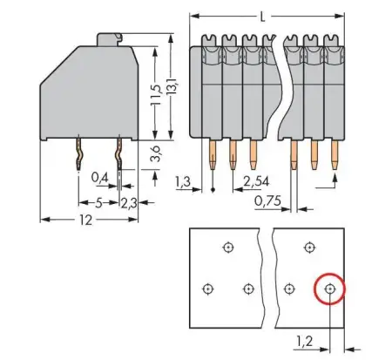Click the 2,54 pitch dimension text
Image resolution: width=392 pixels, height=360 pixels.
256,182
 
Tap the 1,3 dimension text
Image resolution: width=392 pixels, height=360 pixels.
183,182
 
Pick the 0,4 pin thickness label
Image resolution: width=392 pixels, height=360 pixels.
99,178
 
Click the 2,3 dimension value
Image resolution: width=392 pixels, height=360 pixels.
127,203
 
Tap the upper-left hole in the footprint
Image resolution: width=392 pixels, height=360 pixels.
227,247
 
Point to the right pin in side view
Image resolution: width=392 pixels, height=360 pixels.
117,157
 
